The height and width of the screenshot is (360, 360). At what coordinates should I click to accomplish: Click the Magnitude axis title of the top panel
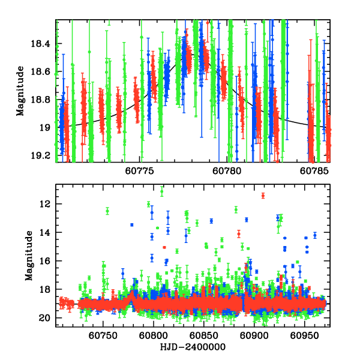pyautogui.click(x=20, y=91)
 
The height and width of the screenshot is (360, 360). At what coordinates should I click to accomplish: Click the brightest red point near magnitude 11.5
pyautogui.click(x=263, y=196)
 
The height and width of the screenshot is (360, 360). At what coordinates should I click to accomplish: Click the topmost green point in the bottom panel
pyautogui.click(x=161, y=191)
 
